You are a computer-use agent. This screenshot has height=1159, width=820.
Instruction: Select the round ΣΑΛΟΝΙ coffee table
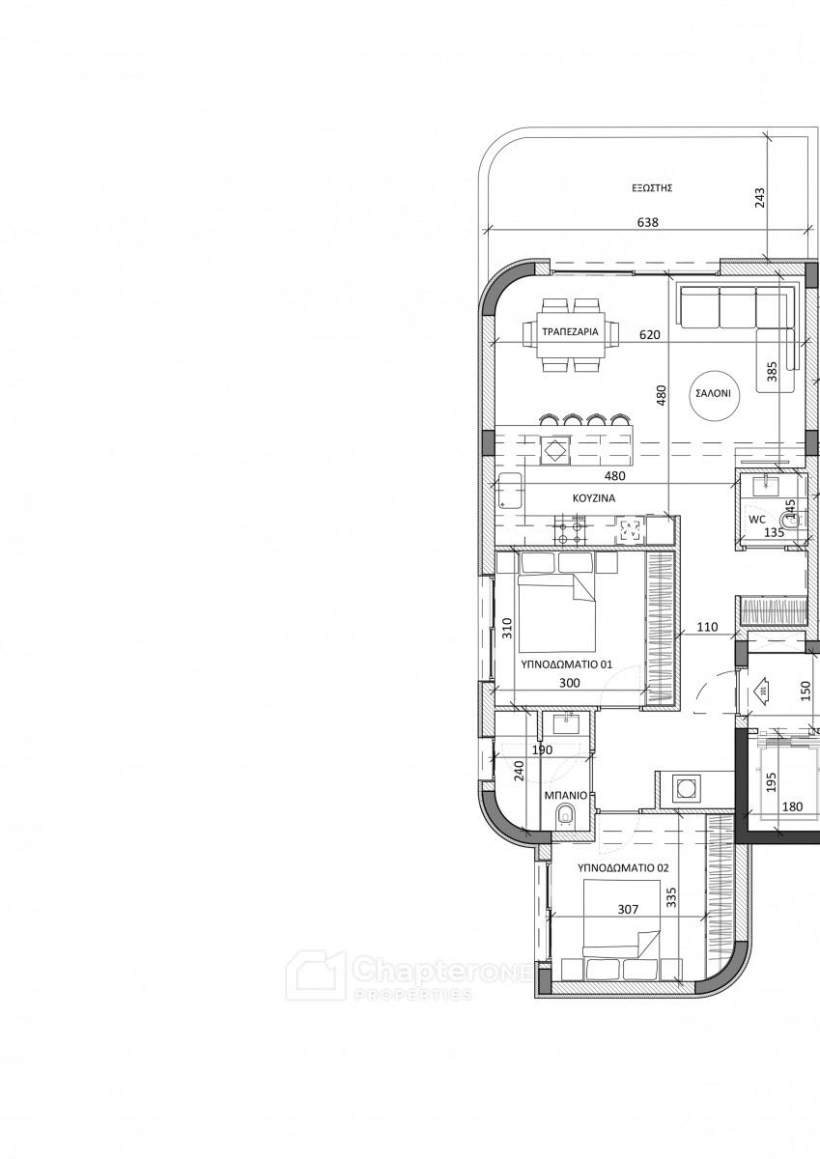(x=714, y=393)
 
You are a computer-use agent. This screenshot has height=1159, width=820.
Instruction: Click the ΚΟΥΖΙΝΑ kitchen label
(x=594, y=498)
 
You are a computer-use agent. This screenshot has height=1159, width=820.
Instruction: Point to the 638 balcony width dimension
(x=648, y=222)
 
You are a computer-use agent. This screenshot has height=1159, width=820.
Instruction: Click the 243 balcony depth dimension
(x=760, y=197)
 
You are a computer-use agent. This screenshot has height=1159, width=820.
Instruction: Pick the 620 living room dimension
(x=650, y=335)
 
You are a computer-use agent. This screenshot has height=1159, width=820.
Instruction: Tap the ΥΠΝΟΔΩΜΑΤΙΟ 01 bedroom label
(x=566, y=664)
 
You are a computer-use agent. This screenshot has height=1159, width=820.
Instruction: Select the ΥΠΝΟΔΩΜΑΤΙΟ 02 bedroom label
(x=623, y=867)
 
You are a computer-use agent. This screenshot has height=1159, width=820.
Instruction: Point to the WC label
(x=757, y=520)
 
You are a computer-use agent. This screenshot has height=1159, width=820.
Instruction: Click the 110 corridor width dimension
(x=708, y=627)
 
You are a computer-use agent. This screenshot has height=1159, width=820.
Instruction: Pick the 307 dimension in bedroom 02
(x=628, y=909)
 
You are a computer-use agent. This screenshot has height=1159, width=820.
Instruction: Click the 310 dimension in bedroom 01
(x=507, y=628)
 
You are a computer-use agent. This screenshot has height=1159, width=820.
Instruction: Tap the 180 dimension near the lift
(x=793, y=806)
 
